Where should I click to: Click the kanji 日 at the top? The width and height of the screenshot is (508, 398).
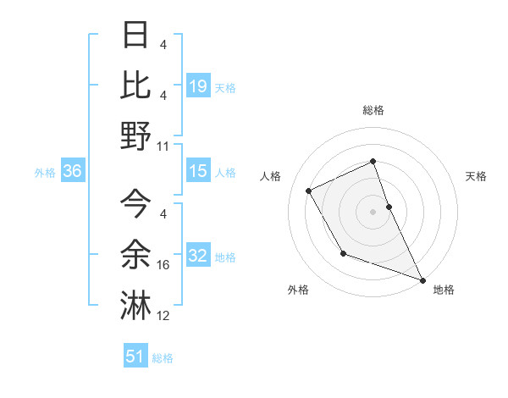click(x=136, y=35)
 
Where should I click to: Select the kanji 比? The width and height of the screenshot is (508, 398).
click(x=136, y=84)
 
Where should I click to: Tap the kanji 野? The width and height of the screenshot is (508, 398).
click(x=136, y=135)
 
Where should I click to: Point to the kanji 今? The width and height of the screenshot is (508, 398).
click(x=136, y=202)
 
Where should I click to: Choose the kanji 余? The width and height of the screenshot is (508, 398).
click(x=136, y=252)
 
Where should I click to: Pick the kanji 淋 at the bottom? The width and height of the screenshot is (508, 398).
click(x=136, y=303)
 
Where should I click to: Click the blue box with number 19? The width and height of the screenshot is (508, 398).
click(x=198, y=86)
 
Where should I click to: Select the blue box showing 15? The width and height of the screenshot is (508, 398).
click(x=198, y=171)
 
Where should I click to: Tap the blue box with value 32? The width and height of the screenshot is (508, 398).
click(x=198, y=256)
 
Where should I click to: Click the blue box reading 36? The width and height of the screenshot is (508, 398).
click(x=73, y=171)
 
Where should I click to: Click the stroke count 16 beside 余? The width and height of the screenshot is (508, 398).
click(x=164, y=265)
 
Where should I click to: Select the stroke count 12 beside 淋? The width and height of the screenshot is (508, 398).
click(x=164, y=316)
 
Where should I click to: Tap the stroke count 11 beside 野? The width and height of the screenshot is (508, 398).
click(x=164, y=146)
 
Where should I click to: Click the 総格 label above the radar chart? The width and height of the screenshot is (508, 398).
click(x=373, y=110)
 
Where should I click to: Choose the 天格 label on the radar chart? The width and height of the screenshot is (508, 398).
click(x=476, y=176)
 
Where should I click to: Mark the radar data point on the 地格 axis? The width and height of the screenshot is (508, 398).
click(x=423, y=279)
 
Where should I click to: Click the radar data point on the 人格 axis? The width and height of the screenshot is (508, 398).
click(x=308, y=191)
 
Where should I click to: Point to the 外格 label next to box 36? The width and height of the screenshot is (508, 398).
click(x=45, y=172)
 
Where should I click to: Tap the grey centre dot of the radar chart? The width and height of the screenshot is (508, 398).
click(x=373, y=211)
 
